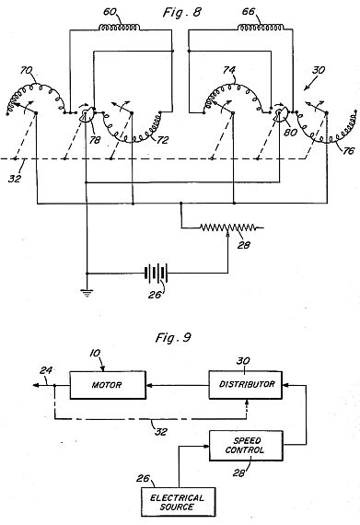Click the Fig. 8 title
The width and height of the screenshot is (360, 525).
pyautogui.click(x=182, y=13)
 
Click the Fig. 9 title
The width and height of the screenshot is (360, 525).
pyautogui.click(x=173, y=337)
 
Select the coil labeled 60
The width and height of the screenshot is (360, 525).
pyautogui.click(x=119, y=28)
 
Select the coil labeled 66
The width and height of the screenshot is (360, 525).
pyautogui.click(x=261, y=28)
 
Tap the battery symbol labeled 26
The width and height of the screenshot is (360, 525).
pyautogui.click(x=156, y=273)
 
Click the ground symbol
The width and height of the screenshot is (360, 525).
pyautogui.click(x=87, y=293)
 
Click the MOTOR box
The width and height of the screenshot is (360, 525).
pyautogui.click(x=108, y=385)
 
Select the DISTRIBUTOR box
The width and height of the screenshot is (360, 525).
pyautogui.click(x=246, y=385)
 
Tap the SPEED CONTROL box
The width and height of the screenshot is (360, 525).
pyautogui.click(x=246, y=446)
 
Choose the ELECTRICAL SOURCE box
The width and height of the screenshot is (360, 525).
pyautogui.click(x=178, y=502)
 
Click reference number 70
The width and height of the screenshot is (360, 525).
pyautogui.click(x=27, y=71)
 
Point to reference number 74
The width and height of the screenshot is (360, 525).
pyautogui.click(x=229, y=70)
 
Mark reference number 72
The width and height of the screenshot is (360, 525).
pyautogui.click(x=162, y=140)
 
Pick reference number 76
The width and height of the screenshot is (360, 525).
pyautogui.click(x=348, y=151)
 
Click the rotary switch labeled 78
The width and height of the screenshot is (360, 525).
pyautogui.click(x=86, y=114)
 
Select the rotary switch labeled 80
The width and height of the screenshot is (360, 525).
pyautogui.click(x=279, y=114)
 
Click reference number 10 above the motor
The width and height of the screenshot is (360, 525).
pyautogui.click(x=95, y=354)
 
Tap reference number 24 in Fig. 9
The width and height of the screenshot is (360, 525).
pyautogui.click(x=45, y=370)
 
